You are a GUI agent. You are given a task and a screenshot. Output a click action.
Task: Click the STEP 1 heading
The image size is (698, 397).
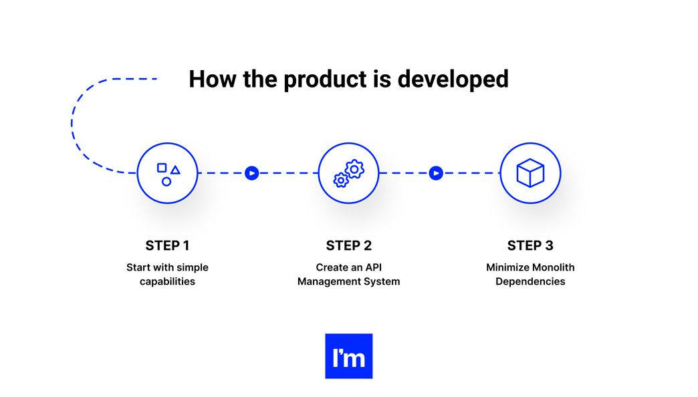click(167, 245)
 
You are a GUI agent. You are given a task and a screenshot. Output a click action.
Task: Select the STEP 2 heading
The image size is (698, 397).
click(348, 245)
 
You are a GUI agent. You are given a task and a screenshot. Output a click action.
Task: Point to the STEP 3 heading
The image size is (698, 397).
click(530, 245)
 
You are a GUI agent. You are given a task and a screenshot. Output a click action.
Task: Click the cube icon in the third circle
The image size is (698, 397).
click(530, 173)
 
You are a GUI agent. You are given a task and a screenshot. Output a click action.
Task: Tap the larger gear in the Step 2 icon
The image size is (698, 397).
click(354, 169)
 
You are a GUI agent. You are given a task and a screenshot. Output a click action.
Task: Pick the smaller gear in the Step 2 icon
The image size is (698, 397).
click(341, 180)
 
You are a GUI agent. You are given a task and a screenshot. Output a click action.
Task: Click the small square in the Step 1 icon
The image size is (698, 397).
click(162, 168)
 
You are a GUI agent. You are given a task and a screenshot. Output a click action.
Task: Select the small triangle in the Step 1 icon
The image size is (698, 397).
click(175, 170)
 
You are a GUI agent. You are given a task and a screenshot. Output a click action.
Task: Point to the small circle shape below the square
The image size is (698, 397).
click(166, 182)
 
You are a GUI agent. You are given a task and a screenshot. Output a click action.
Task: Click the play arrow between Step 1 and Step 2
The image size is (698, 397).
click(252, 173)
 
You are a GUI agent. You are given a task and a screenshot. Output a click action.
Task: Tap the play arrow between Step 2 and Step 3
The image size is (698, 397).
click(436, 173)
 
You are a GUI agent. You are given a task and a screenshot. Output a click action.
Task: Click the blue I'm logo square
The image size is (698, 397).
click(348, 356)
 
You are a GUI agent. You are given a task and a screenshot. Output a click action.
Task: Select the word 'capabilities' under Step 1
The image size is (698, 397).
click(167, 281)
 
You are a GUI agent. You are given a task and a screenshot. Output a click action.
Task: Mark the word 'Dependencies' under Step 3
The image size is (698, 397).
click(530, 281)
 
